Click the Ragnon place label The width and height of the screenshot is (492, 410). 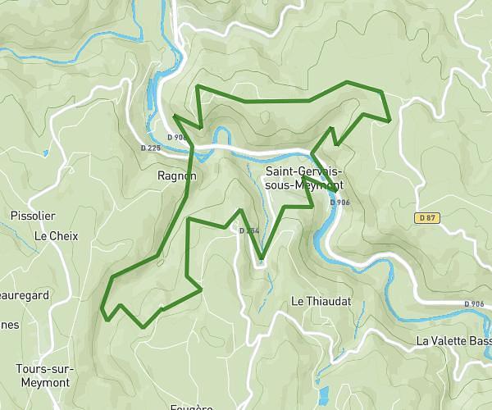click(177, 175)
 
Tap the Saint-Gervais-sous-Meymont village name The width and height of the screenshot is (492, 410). click(305, 178)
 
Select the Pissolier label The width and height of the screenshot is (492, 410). click(33, 216)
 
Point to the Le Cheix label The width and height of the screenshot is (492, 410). click(56, 235)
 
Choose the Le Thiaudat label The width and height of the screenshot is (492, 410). click(321, 302)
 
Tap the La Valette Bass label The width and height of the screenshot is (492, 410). click(453, 341)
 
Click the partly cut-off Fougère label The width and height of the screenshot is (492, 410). click(189, 406)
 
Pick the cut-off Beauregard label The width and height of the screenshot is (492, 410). click(24, 294)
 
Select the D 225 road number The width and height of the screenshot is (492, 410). click(150, 148)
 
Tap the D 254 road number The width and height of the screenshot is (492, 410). click(249, 230)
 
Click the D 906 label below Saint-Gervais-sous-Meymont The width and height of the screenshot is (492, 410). click(339, 203)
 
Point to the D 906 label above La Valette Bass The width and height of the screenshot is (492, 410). click(473, 304)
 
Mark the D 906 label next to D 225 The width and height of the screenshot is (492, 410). click(176, 138)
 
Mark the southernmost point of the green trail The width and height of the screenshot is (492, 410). click(143, 327)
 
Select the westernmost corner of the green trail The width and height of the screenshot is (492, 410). click(101, 309)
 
